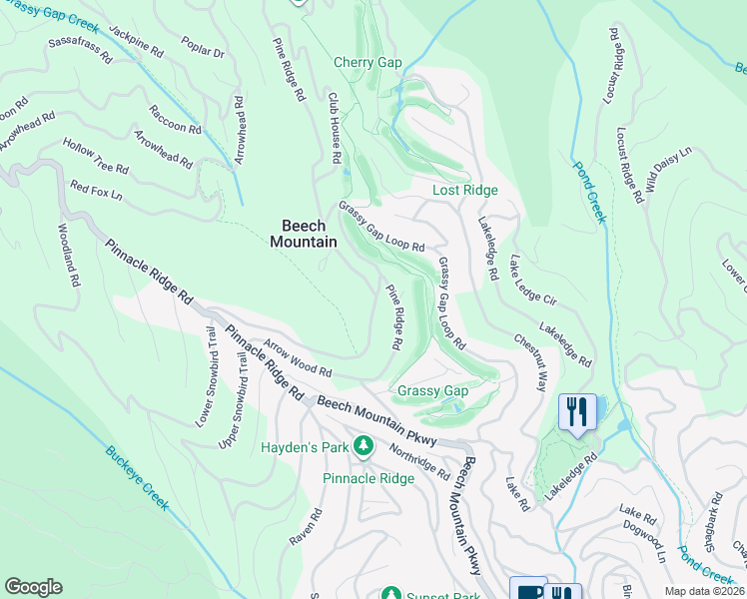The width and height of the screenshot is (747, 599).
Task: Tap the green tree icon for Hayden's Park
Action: (x=365, y=446)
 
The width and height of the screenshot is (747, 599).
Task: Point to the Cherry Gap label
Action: (x=368, y=62)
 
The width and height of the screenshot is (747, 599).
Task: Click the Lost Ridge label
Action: (x=464, y=190)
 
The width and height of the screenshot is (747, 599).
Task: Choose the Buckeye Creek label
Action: (x=137, y=476)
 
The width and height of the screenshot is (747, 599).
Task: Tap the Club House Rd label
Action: (x=336, y=129)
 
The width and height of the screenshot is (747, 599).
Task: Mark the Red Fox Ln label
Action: (x=96, y=190)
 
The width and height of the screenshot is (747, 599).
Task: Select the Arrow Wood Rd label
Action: (x=297, y=354)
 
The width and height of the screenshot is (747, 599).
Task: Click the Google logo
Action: (x=33, y=587)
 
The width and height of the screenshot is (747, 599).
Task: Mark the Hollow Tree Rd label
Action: (x=95, y=157)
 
